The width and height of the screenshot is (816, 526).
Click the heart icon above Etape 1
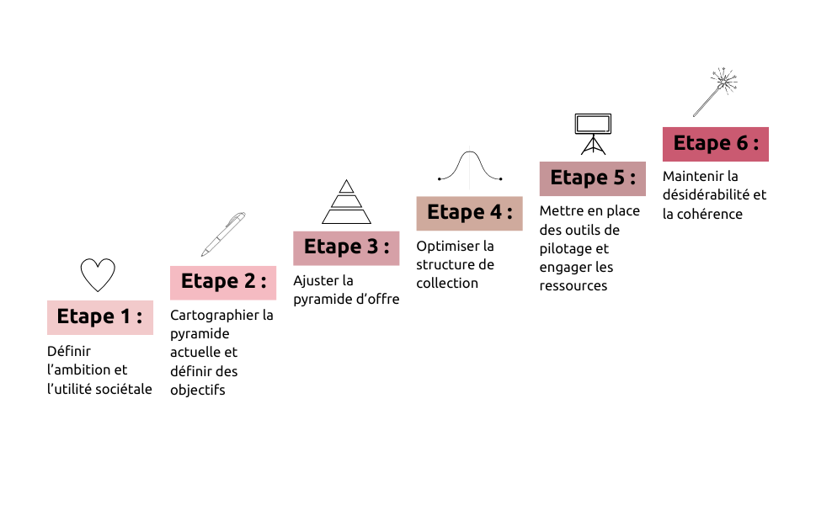[x=98, y=274]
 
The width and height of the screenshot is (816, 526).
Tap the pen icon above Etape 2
[x=223, y=234]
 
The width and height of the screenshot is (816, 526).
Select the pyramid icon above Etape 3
[x=347, y=202]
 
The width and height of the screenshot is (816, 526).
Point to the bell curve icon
[x=470, y=166]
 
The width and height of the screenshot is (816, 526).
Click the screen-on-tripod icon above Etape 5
[x=594, y=134]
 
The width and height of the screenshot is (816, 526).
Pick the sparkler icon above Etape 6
[x=716, y=92]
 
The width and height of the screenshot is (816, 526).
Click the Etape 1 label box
[x=100, y=317]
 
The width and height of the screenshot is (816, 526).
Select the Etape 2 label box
[x=223, y=283]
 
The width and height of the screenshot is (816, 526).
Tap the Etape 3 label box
[x=346, y=248]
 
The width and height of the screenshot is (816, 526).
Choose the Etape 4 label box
[x=469, y=213]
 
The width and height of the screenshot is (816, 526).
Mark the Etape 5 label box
[x=593, y=178]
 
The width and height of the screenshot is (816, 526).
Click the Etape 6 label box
[x=716, y=144]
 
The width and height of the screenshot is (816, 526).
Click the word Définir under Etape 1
[x=69, y=351]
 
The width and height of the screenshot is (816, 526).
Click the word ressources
[x=573, y=286]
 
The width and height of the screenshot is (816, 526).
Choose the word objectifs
[x=198, y=391]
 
